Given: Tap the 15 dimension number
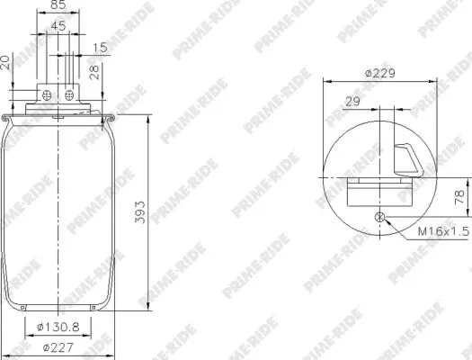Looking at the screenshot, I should click(x=99, y=46).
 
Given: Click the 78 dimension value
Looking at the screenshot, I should click(x=459, y=196).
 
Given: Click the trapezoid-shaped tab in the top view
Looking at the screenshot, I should click(x=410, y=158).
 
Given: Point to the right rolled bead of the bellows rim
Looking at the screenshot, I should click(x=112, y=118).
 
